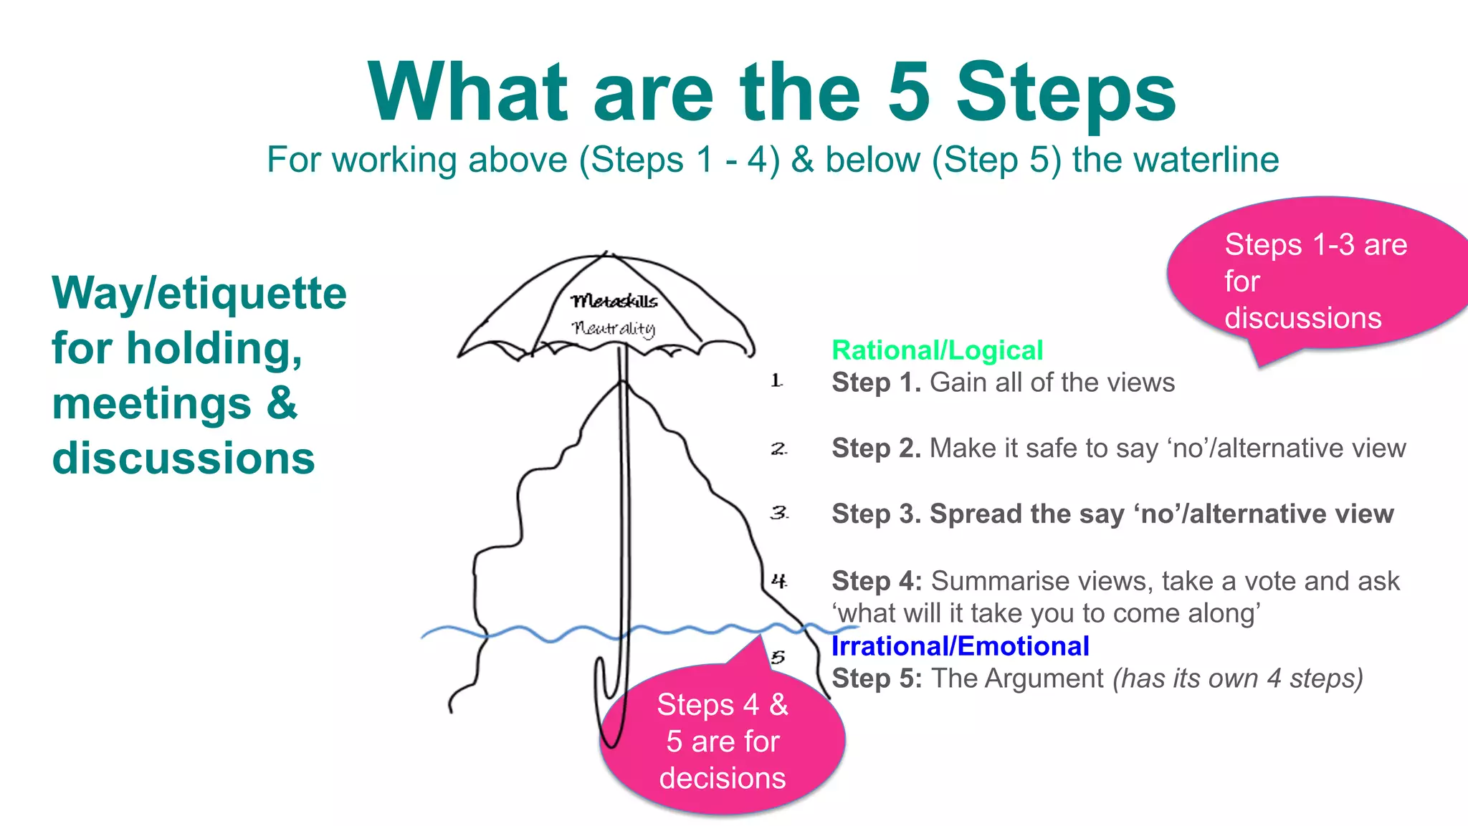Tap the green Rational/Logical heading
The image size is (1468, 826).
point(937,350)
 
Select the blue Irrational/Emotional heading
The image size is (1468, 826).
point(960,646)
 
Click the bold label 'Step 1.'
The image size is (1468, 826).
point(876,383)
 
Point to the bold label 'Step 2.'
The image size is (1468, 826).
point(876,448)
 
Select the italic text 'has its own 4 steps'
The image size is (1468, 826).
point(1238,678)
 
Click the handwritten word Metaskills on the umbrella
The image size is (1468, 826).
point(614,301)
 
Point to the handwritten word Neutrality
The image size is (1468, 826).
point(614,328)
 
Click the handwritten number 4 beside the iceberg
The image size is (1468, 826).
point(779,580)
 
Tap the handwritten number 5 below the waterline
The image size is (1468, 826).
point(778,657)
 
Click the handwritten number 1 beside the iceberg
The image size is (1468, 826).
point(776,381)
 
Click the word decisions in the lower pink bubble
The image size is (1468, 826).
point(723,778)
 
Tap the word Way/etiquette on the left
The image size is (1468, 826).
point(199,294)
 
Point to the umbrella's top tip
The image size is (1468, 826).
point(607,253)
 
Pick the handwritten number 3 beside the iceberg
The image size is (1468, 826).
point(779,513)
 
